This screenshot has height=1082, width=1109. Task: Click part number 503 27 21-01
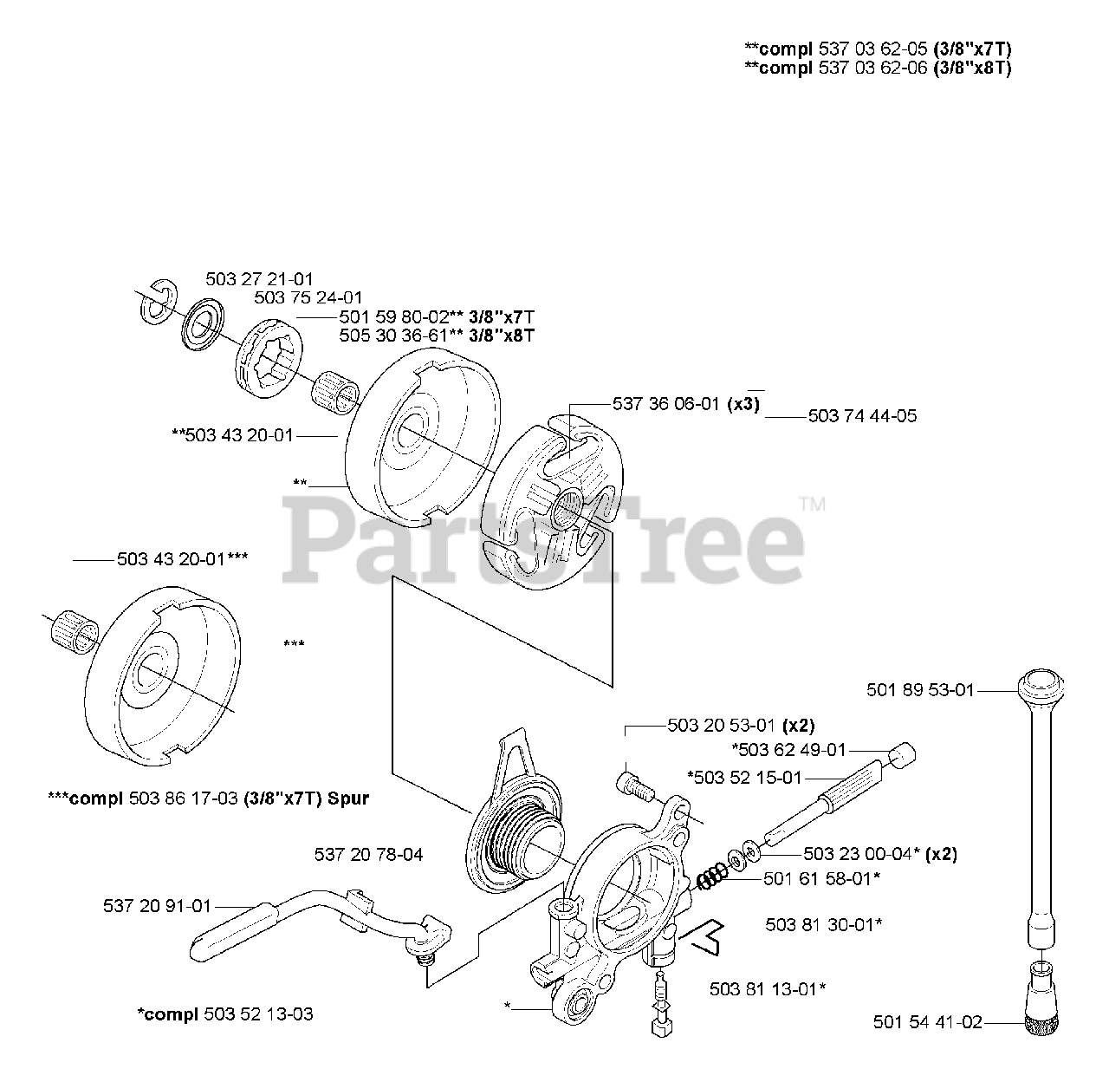[259, 279]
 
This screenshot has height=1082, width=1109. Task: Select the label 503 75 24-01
[308, 297]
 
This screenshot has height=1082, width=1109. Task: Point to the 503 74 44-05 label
[861, 416]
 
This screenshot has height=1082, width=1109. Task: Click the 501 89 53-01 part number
[920, 690]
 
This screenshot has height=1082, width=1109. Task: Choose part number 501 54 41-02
[928, 1022]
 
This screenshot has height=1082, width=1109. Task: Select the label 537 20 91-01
[157, 906]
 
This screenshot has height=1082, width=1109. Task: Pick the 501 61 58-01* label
[822, 879]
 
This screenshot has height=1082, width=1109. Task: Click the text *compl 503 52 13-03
[225, 1014]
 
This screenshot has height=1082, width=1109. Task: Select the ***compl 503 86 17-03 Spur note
[208, 798]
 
